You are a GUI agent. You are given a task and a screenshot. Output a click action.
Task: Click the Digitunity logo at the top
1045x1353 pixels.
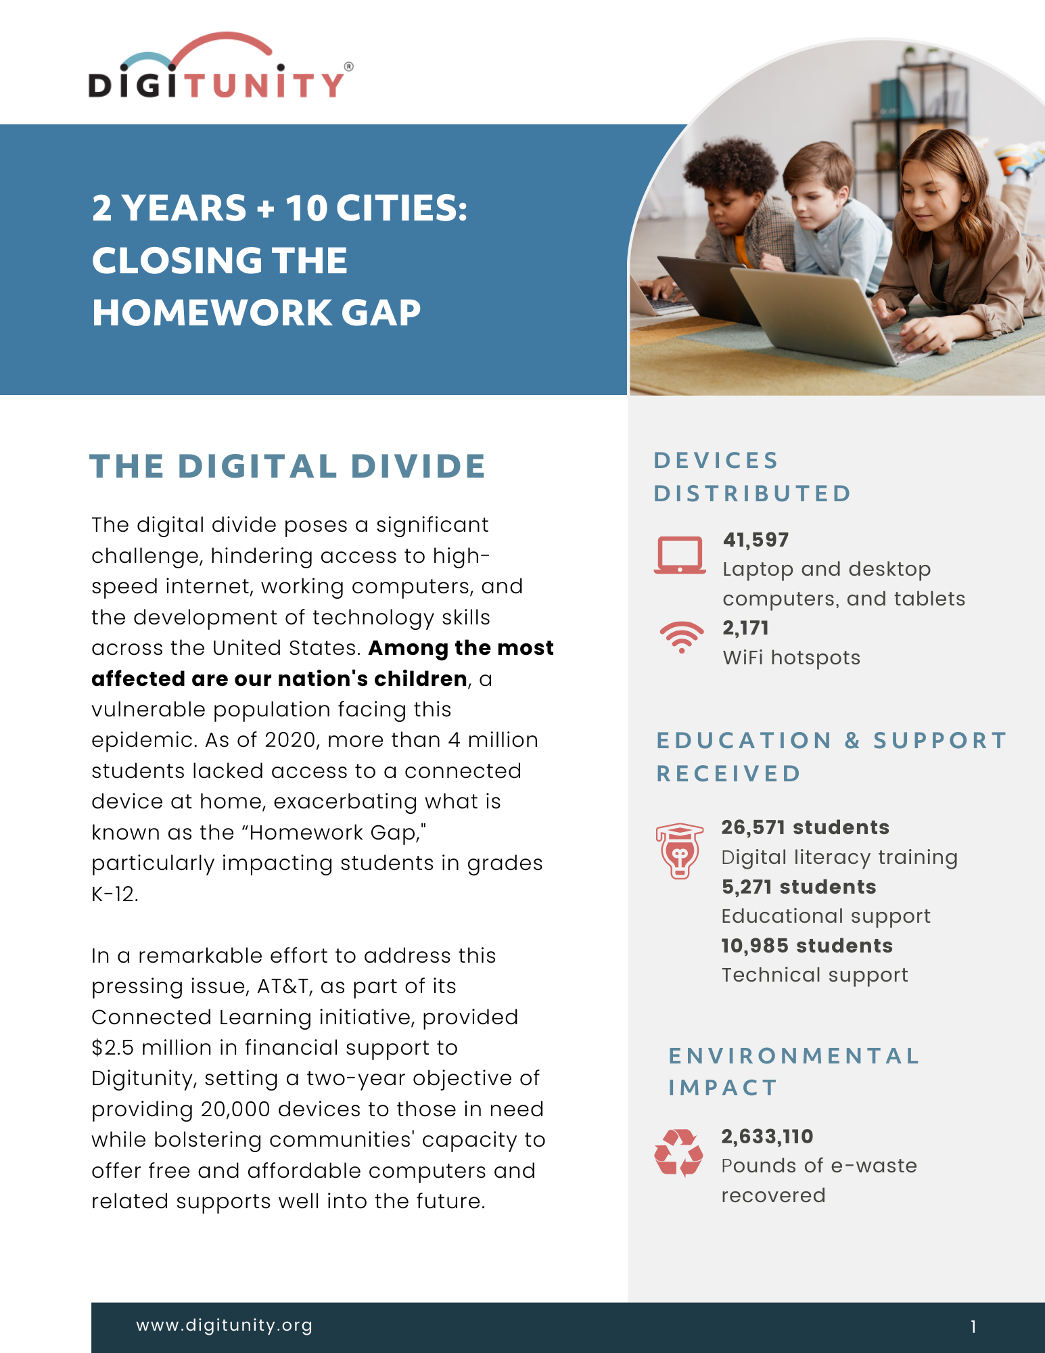[x=218, y=68]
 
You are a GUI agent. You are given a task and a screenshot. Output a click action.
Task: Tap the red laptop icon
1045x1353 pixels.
[x=680, y=555]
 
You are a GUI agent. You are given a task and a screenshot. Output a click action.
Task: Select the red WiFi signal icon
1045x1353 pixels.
[x=681, y=636]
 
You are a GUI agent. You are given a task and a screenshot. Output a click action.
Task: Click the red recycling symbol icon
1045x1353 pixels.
[x=678, y=1152]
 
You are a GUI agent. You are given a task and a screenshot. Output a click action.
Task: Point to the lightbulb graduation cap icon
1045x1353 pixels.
[x=679, y=850]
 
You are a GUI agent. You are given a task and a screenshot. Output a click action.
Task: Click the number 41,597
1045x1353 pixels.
[x=756, y=540]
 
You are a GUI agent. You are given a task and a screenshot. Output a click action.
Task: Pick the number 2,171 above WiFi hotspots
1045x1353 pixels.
[x=745, y=628]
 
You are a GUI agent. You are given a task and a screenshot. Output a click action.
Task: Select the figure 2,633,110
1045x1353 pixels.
[x=767, y=1137]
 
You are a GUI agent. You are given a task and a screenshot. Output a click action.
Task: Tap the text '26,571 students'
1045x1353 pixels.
[x=805, y=827]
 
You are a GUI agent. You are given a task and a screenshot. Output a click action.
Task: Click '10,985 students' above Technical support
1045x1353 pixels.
[x=806, y=946]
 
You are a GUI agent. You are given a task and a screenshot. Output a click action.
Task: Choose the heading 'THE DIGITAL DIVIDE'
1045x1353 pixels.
[x=287, y=466]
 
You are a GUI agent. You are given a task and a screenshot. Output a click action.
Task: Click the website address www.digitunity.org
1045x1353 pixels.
[x=225, y=1325]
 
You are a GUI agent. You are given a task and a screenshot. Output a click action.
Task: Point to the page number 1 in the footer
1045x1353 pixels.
[x=973, y=1327]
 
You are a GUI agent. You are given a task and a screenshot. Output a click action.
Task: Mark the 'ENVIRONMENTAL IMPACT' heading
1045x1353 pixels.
[x=793, y=1072]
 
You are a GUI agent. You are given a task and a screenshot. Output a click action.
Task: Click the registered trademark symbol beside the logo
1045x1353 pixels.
[x=349, y=66]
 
